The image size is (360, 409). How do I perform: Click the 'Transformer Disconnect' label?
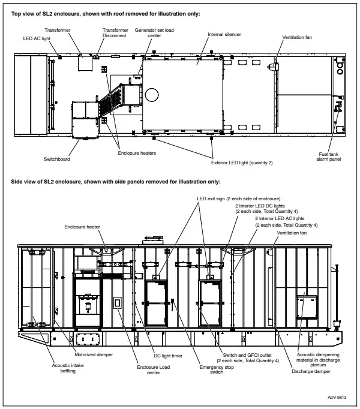[x=115, y=33]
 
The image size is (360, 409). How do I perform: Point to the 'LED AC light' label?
[x=37, y=39]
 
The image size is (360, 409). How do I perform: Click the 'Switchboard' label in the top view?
[x=57, y=159]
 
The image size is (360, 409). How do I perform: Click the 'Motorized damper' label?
[x=93, y=354]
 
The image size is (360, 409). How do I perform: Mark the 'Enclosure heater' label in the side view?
[x=84, y=227]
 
